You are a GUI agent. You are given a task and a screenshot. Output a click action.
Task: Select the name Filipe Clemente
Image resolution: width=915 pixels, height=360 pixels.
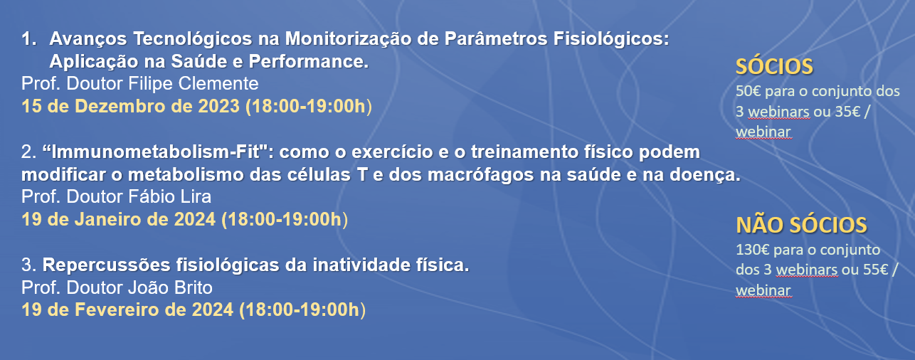pos(194,84)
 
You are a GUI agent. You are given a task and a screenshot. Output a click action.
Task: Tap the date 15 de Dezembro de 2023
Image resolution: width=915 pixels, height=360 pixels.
pos(130,106)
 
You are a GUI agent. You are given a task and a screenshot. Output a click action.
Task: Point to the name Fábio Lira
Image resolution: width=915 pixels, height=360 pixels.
pos(169,196)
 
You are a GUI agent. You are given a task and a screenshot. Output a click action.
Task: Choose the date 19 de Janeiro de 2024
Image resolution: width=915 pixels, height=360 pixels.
pos(118,219)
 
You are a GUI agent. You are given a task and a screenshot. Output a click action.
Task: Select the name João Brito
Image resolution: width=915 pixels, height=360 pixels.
pos(170,287)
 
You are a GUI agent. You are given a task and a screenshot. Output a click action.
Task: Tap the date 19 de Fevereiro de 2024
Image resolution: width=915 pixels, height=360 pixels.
pos(127,309)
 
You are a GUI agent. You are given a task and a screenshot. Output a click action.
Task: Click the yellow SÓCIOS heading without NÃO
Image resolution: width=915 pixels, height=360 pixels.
pos(774,66)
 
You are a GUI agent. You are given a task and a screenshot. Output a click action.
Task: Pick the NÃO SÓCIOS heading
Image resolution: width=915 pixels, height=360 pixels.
pos(801,225)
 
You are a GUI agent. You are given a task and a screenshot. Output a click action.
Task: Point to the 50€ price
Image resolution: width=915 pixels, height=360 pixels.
pos(749,91)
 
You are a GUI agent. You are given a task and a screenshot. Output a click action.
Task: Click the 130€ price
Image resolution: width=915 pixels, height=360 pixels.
pos(753,249)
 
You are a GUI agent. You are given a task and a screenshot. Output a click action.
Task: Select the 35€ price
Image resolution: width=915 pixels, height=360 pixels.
pos(847,111)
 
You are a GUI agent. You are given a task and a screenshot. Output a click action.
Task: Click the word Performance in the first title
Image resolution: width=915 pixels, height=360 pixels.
pos(308,62)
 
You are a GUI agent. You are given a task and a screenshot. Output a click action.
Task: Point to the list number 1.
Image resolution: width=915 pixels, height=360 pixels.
pos(28,39)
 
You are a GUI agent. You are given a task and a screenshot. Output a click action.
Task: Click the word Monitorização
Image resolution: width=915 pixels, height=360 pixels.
pos(349,40)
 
